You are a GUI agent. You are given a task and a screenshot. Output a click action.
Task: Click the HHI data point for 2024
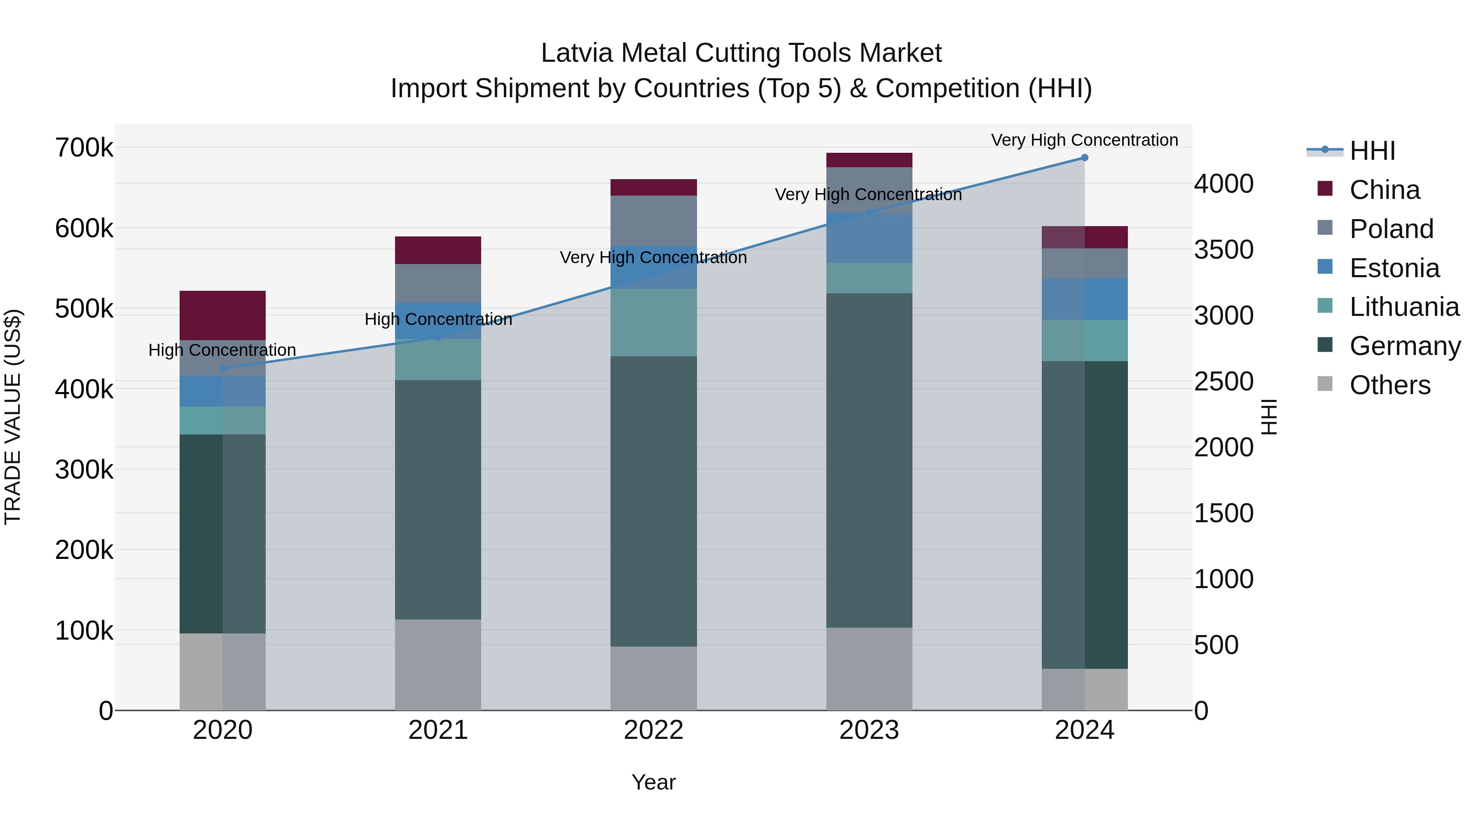[x=1084, y=158]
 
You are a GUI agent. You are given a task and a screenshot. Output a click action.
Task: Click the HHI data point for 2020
[x=223, y=368]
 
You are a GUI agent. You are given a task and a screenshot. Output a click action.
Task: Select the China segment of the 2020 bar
[x=223, y=315]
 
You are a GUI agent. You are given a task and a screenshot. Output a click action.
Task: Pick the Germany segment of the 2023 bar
[x=869, y=460]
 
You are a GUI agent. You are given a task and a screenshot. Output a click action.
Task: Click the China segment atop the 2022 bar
[x=653, y=188]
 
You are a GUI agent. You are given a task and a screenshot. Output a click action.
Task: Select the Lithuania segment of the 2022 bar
[x=653, y=322]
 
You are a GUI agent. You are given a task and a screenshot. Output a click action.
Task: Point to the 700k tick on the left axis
[x=84, y=148]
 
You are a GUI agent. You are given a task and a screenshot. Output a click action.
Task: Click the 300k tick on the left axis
[x=84, y=470]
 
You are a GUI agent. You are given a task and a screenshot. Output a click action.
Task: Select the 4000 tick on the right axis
[x=1223, y=184]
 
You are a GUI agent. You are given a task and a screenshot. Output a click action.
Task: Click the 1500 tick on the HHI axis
[x=1223, y=513]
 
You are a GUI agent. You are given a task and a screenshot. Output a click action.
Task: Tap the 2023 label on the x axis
[x=869, y=730]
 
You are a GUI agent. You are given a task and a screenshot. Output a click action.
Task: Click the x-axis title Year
[x=653, y=782]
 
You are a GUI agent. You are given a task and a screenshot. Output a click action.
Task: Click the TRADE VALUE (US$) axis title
[x=13, y=417]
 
